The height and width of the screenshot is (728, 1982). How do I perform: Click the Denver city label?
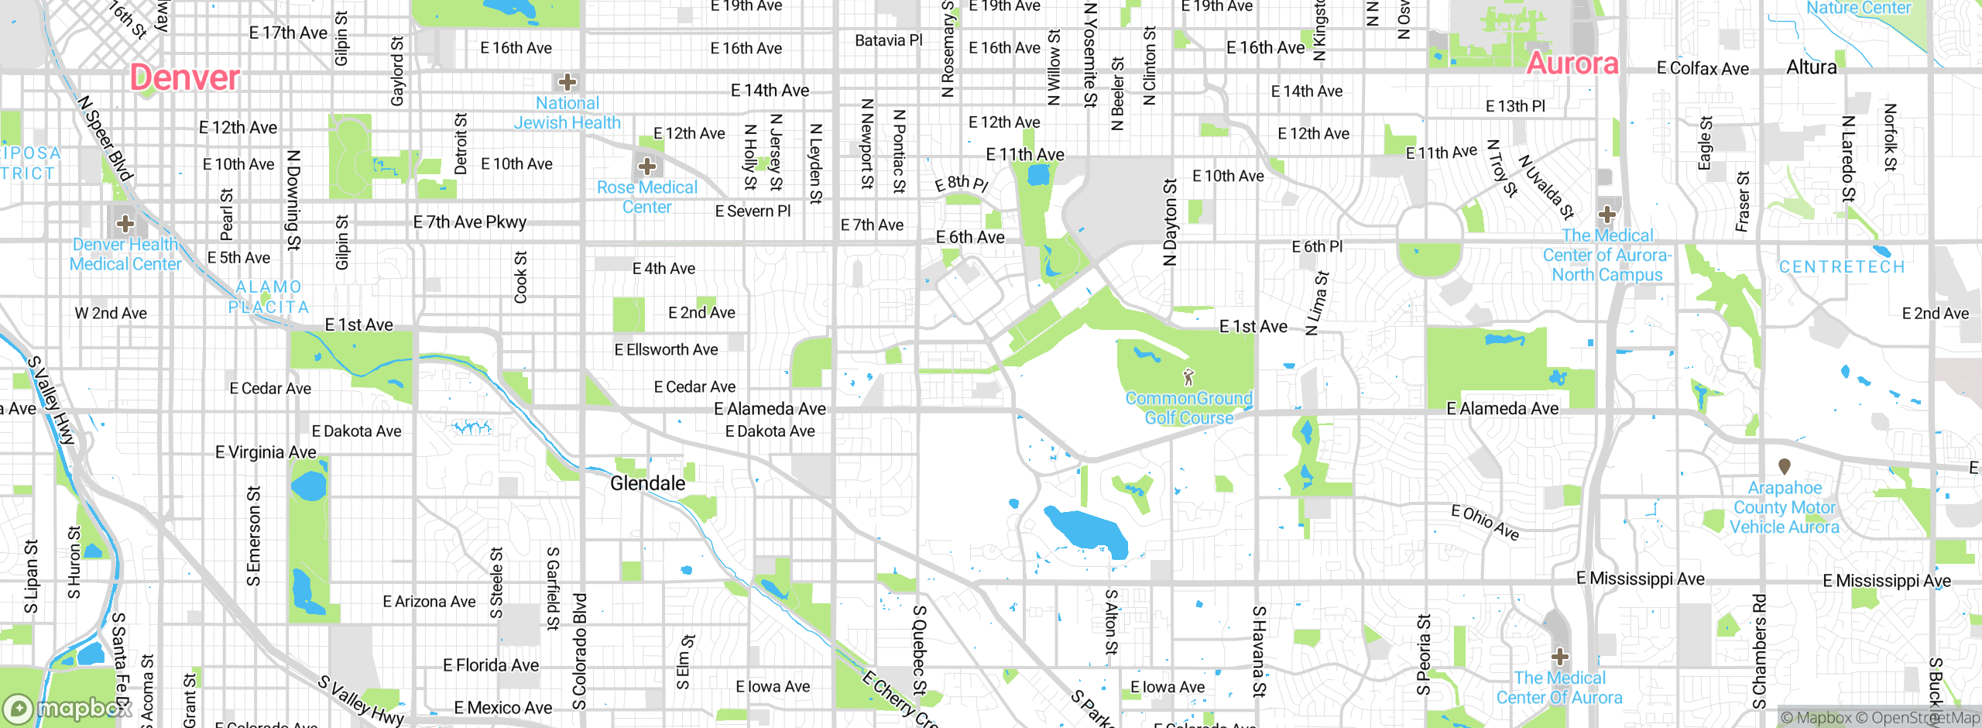tap(184, 77)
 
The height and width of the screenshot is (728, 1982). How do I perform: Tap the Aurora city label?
tap(1572, 64)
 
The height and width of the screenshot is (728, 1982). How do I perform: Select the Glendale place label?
tap(647, 483)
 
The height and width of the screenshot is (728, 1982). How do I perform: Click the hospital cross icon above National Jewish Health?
tap(568, 82)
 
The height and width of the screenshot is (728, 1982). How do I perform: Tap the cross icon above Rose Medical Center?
tap(647, 166)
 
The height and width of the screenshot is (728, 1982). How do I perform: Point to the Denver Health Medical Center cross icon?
tap(125, 225)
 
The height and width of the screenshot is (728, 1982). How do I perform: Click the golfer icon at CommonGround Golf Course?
tap(1188, 377)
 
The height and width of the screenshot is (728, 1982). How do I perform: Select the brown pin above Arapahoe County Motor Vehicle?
tap(1785, 466)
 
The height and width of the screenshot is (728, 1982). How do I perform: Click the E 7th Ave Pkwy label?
tap(469, 222)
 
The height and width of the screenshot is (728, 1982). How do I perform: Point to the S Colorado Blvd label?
tap(580, 651)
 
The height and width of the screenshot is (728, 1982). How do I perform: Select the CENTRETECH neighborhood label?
tap(1841, 266)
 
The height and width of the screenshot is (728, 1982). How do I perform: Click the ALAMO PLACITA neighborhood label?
tap(269, 297)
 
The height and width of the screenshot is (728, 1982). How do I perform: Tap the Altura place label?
tap(1811, 67)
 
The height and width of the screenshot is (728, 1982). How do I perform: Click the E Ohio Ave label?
tap(1485, 521)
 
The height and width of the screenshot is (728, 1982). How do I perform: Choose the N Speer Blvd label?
tap(106, 138)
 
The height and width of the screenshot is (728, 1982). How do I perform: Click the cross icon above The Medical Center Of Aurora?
tap(1559, 658)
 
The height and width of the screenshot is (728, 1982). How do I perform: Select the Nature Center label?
tap(1858, 8)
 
